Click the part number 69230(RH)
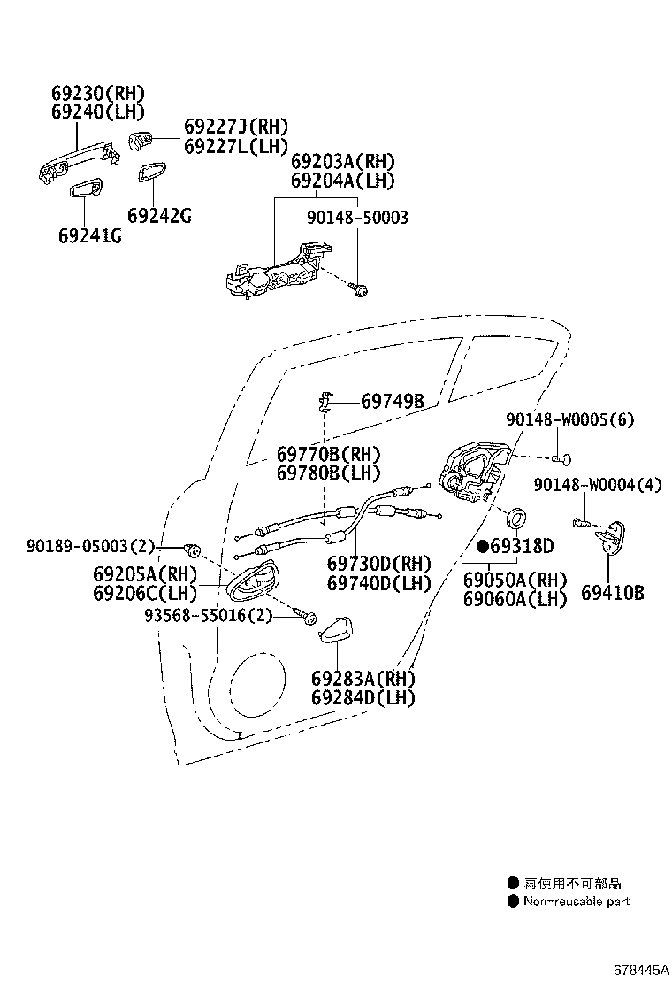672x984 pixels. (x=98, y=94)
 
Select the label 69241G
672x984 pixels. (x=89, y=236)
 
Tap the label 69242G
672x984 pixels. (x=159, y=216)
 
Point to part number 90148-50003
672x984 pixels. (x=357, y=218)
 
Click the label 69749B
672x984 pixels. (x=393, y=401)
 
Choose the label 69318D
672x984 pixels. (x=522, y=547)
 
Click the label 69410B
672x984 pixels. (x=612, y=593)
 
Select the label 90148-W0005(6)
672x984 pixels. (x=569, y=419)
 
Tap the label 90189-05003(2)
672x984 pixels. (x=90, y=546)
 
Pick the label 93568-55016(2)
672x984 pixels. (x=209, y=616)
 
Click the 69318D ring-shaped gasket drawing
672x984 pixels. (x=515, y=519)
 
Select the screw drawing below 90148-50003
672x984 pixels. (x=359, y=289)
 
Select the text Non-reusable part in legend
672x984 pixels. (x=577, y=901)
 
